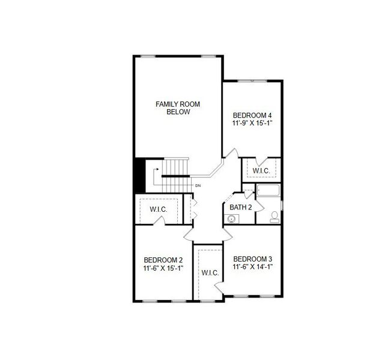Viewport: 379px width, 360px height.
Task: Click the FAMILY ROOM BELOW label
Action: pyautogui.click(x=178, y=108)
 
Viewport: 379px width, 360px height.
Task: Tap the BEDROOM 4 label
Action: pyautogui.click(x=252, y=115)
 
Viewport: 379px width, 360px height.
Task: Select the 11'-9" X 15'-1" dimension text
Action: pyautogui.click(x=252, y=123)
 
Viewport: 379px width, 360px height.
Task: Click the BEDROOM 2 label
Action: pyautogui.click(x=163, y=259)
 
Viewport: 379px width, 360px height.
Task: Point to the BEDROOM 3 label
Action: pyautogui.click(x=252, y=259)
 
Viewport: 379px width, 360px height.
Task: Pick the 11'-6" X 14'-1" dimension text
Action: pyautogui.click(x=252, y=266)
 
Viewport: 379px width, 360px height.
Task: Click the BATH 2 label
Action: pyautogui.click(x=240, y=207)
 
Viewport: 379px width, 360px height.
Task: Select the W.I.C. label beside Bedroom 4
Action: pyautogui.click(x=261, y=171)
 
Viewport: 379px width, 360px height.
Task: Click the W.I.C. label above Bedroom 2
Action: pyautogui.click(x=158, y=209)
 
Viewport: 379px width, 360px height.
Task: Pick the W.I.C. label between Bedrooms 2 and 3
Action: pyautogui.click(x=210, y=273)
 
